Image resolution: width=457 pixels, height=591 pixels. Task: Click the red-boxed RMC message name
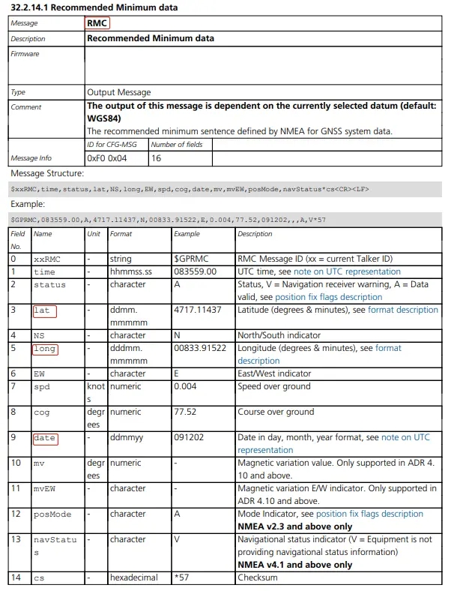tap(97, 23)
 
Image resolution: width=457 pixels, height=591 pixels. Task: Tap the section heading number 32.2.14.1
tap(31, 7)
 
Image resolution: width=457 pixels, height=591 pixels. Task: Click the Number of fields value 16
tap(157, 158)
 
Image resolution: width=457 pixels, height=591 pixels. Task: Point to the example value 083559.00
tap(195, 271)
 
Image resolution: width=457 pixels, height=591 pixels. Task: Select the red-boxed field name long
tap(45, 349)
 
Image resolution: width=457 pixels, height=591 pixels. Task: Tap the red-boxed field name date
tap(45, 438)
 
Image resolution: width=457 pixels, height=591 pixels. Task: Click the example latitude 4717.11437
tap(198, 310)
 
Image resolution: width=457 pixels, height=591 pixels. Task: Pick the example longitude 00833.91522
tap(200, 349)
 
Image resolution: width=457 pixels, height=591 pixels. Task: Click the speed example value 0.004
tap(185, 387)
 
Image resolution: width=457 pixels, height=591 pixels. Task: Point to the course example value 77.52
tap(185, 412)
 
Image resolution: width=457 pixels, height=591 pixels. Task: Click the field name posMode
tap(52, 514)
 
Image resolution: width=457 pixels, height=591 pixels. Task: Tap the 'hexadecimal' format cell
tap(134, 578)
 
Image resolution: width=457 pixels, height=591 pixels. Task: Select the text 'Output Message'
tap(119, 92)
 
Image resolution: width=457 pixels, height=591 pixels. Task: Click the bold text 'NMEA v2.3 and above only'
tap(294, 526)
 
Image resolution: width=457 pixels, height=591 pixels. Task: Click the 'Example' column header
tap(187, 234)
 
